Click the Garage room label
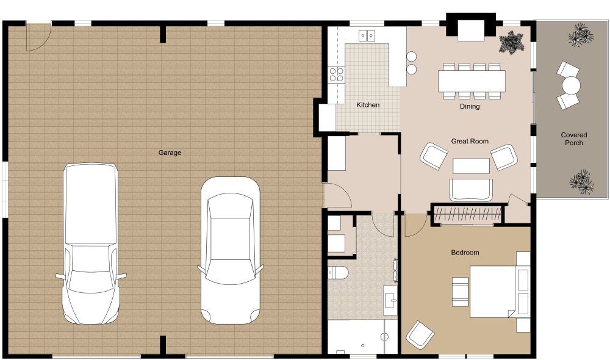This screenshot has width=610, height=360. coord(170,153)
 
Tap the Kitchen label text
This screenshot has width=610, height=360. coord(368,105)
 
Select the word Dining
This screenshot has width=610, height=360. coord(470,106)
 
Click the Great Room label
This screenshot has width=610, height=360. coord(470,141)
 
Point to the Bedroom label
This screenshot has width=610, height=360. coord(465,252)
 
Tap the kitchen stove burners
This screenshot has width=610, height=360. coord(336,74)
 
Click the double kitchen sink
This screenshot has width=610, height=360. coord(367,35)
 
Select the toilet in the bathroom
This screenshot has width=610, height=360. coord(338,272)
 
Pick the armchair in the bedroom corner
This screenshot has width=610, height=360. coord(420,334)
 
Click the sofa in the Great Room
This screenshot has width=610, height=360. coord(470,189)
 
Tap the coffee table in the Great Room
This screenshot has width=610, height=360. coord(470,166)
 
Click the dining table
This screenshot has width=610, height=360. coord(472,80)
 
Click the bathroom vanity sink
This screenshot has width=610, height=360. coord(391,298)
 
